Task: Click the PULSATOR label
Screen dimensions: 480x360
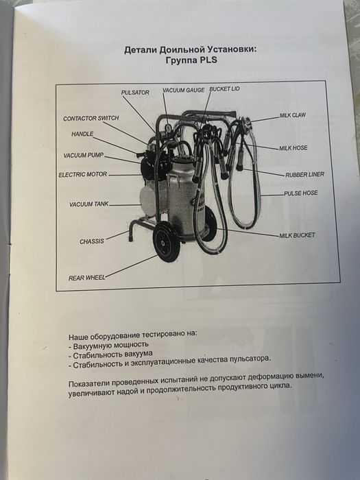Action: click(x=135, y=93)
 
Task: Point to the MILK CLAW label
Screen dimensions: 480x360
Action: click(x=293, y=115)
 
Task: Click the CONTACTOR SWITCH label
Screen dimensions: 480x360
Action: click(x=91, y=119)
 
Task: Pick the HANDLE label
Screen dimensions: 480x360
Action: click(x=82, y=134)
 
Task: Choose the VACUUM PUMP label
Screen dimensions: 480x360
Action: click(x=84, y=156)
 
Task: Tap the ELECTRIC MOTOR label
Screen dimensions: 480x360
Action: click(x=82, y=175)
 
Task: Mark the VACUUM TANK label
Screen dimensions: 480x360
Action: click(x=88, y=204)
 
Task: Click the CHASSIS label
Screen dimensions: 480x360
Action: click(x=91, y=241)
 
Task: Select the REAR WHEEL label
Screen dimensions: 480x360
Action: click(x=86, y=278)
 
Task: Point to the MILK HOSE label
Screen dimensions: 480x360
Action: click(x=293, y=147)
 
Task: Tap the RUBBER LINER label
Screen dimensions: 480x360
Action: click(x=304, y=174)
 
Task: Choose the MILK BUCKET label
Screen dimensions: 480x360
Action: click(x=297, y=235)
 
